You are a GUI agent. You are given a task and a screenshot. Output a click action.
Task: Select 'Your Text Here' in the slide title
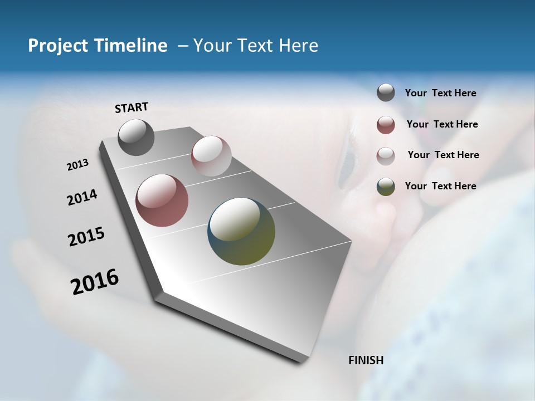click(255, 46)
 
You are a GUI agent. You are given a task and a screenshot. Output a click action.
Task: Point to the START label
click(132, 107)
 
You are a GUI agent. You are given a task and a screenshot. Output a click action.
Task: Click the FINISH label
click(366, 360)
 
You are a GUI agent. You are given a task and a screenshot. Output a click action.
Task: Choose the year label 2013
click(77, 165)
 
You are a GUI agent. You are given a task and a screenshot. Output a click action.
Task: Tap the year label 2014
click(82, 198)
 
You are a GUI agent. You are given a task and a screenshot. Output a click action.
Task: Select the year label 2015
click(86, 237)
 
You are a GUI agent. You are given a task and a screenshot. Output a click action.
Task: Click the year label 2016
click(95, 282)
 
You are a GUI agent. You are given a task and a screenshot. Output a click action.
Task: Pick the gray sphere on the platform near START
click(136, 137)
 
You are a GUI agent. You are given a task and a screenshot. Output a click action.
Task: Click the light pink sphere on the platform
click(211, 156)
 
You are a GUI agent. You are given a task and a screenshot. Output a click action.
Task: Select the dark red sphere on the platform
click(162, 200)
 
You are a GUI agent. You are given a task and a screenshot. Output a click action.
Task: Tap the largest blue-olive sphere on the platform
click(241, 231)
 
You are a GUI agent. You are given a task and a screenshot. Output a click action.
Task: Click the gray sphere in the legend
click(386, 93)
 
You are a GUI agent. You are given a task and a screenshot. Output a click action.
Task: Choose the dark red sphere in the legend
click(386, 125)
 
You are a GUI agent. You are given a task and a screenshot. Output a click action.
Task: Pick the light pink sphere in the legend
click(386, 155)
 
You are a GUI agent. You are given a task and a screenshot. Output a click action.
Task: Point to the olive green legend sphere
click(386, 187)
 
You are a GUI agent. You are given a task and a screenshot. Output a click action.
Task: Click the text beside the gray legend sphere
click(440, 94)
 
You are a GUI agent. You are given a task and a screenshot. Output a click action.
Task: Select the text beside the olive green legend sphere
click(440, 186)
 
